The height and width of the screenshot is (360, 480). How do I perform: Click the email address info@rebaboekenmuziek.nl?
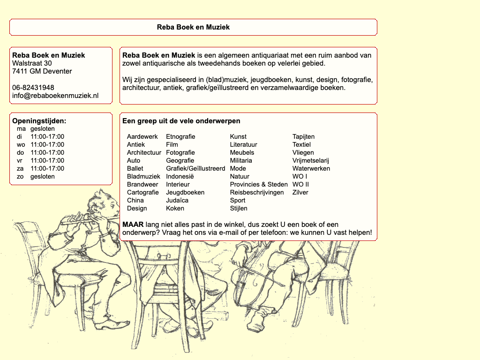coord(55,96)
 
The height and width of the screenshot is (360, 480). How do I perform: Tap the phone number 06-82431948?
coord(33,88)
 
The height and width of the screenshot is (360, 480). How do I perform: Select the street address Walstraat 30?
coord(32,63)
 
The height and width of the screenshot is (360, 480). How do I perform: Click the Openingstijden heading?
coord(39,121)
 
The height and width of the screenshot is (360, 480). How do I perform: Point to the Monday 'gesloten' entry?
coord(42,129)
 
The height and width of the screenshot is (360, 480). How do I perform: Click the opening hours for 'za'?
coord(47,169)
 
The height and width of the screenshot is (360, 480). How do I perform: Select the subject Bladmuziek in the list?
coord(143,177)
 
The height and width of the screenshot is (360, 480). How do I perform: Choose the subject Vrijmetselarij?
coord(311,161)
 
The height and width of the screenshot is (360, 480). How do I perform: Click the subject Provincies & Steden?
coord(259,185)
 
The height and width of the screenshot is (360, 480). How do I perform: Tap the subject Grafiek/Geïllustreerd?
coord(195,169)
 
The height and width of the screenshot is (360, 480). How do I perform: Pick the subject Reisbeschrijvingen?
coord(257,193)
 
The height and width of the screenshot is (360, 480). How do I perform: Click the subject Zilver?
coord(300,193)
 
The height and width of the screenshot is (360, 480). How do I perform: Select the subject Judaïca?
coord(177,201)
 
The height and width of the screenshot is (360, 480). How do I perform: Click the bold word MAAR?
coord(133,225)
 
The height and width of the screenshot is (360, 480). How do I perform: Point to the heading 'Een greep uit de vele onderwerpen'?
coord(181,121)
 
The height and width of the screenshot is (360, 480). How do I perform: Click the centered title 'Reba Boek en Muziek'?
coord(193,27)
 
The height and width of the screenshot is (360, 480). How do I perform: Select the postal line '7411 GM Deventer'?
coord(42,71)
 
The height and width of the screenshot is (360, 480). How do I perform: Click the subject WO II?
coord(300,185)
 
